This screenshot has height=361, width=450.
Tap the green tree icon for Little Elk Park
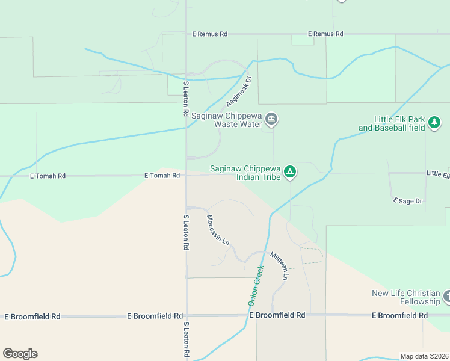434,123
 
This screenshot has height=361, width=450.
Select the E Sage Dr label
407,200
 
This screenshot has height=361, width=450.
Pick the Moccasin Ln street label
218,229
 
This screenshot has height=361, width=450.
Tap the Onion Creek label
255,284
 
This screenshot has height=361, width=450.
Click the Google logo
20,354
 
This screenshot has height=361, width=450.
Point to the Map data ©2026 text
424,356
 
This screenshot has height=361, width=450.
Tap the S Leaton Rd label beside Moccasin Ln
186,232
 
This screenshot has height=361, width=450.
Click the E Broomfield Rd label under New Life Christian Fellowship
399,315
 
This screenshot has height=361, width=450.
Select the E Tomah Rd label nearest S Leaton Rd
162,176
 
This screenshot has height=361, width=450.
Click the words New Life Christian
405,293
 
